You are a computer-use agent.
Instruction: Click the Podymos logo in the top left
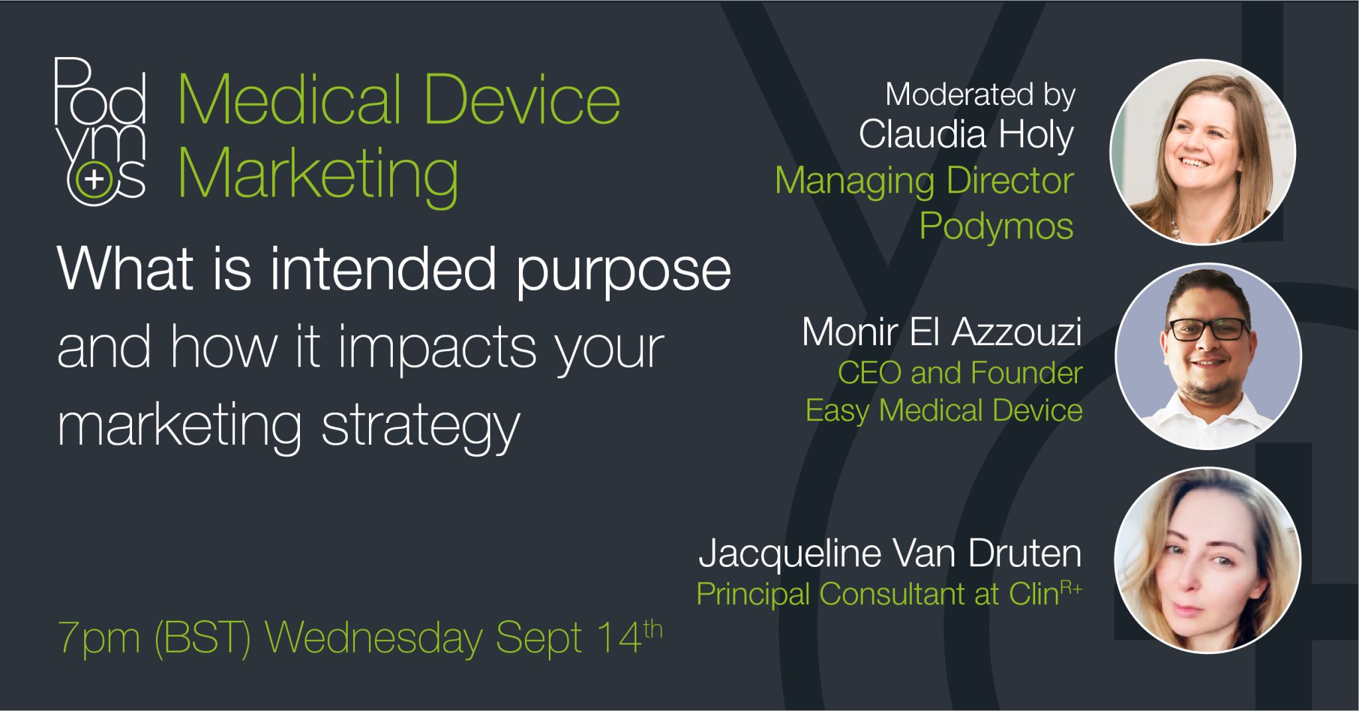click(100, 131)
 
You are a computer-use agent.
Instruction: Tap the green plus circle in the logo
click(94, 179)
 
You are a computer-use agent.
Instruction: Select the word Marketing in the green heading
click(318, 175)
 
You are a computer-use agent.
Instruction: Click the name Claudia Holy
click(966, 135)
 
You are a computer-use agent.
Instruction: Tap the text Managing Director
click(924, 181)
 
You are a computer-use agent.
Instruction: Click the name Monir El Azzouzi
click(942, 331)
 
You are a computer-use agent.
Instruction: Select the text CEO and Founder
click(960, 373)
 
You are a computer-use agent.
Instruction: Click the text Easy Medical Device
click(944, 410)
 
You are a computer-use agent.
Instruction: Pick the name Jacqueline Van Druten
click(890, 553)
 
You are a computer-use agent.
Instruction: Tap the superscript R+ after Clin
click(1070, 586)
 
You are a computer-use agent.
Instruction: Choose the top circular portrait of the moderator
click(1202, 152)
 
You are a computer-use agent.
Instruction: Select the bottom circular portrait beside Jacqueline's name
click(1207, 560)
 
